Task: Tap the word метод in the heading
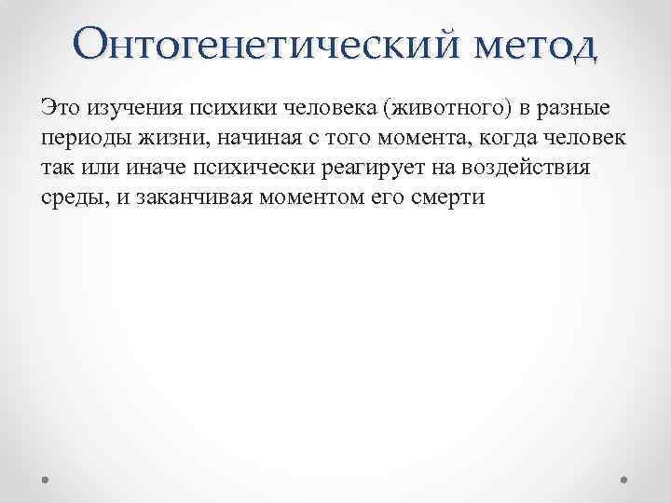(531, 43)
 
